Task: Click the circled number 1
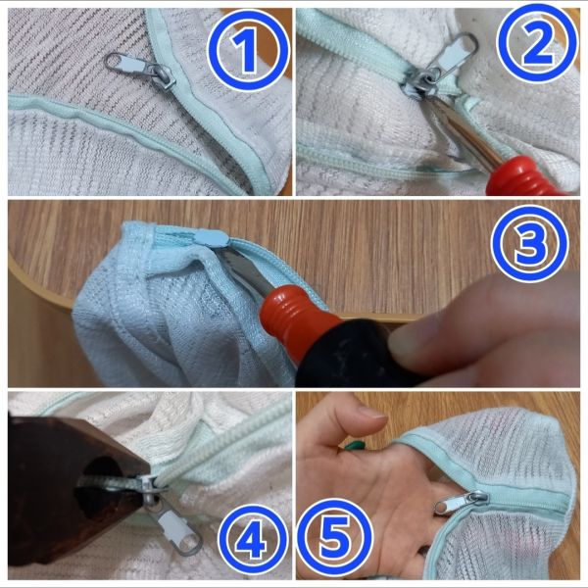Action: pyautogui.click(x=248, y=50)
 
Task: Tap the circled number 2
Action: pyautogui.click(x=537, y=42)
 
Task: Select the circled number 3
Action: pyautogui.click(x=530, y=243)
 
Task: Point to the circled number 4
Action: pyautogui.click(x=253, y=539)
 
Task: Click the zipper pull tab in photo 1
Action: pyautogui.click(x=128, y=65)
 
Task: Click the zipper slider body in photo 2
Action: pyautogui.click(x=417, y=84)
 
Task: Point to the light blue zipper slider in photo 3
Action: pyautogui.click(x=211, y=238)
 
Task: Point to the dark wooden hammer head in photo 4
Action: pyautogui.click(x=75, y=487)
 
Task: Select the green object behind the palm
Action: pyautogui.click(x=355, y=445)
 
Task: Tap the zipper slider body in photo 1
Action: pyautogui.click(x=162, y=76)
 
